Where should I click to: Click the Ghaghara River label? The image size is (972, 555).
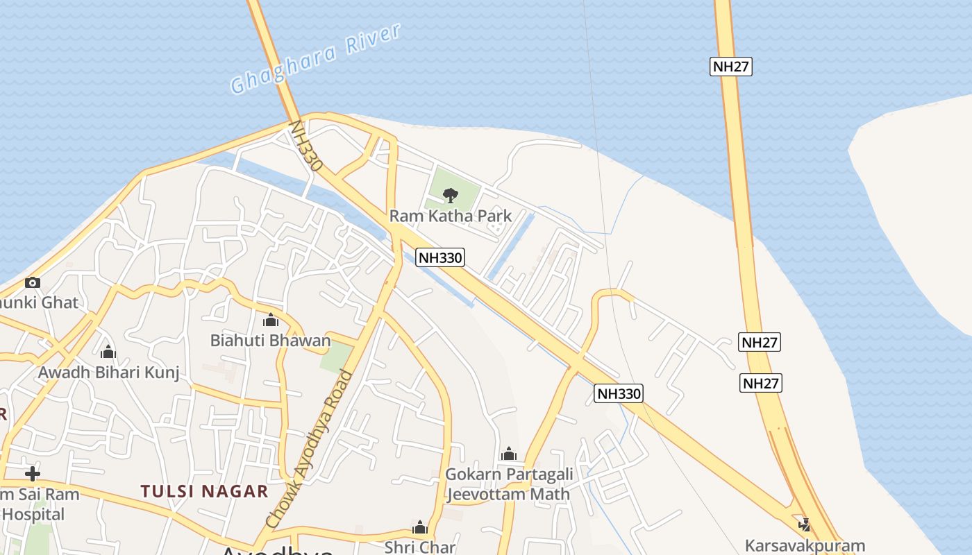click(316, 58)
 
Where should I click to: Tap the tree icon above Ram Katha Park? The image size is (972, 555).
click(451, 195)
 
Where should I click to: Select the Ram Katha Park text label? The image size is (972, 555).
click(451, 216)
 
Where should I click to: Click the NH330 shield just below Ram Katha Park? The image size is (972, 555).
click(440, 258)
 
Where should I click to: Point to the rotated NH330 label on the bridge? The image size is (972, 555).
click(306, 146)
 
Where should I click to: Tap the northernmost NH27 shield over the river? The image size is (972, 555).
click(731, 67)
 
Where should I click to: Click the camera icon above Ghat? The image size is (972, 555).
click(32, 282)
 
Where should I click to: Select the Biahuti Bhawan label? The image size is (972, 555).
click(271, 341)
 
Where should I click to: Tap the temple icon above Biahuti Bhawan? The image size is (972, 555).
click(271, 321)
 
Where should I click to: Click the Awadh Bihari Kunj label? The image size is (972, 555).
click(108, 373)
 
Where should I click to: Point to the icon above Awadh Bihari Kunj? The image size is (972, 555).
click(108, 352)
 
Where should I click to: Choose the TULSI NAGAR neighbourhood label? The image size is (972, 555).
click(204, 491)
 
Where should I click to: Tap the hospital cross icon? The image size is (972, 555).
click(32, 475)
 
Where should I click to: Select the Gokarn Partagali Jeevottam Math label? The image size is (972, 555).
click(509, 484)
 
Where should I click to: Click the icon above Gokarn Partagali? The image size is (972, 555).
click(509, 454)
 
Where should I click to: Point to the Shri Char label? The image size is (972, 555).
click(420, 547)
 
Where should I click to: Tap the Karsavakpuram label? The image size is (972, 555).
click(805, 545)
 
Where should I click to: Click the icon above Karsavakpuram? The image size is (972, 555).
click(805, 524)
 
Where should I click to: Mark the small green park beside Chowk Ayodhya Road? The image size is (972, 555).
click(337, 358)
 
